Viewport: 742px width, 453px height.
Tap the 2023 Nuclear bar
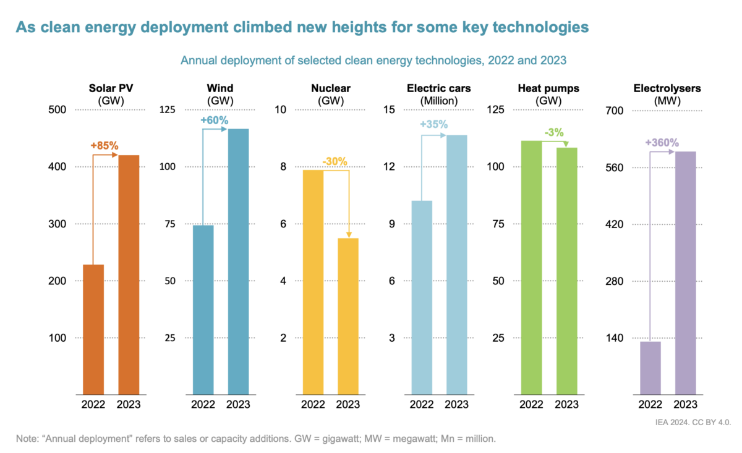tap(348, 315)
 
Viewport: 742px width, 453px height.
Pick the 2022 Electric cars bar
tap(422, 297)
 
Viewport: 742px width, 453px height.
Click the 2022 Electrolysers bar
tap(650, 367)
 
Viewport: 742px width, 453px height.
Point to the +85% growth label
tap(104, 146)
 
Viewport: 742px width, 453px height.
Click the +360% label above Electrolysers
tap(662, 143)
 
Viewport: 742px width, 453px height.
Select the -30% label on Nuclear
tap(335, 162)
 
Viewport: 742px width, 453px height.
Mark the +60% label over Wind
tap(215, 120)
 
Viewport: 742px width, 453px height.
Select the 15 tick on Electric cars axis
tap(389, 110)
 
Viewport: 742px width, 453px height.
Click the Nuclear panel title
tap(331, 88)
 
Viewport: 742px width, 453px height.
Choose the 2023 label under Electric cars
tap(457, 405)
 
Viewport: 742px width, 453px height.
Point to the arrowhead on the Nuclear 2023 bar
tap(349, 234)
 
